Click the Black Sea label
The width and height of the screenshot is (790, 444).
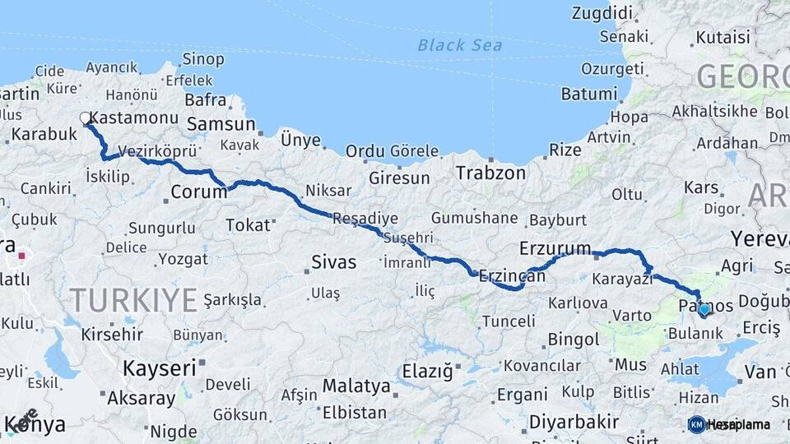click(459, 44)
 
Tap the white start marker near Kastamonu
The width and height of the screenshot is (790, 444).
click(86, 118)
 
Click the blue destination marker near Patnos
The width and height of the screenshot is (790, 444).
click(704, 310)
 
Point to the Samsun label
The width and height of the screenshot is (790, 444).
click(221, 124)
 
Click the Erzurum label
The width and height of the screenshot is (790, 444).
click(555, 247)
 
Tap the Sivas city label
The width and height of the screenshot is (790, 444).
click(334, 262)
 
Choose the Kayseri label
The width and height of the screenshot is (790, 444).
click(160, 368)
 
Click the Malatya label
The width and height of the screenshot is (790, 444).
click(356, 386)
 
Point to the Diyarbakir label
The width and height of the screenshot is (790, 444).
click(574, 421)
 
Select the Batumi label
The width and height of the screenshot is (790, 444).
click(588, 93)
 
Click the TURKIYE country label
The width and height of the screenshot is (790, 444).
click(133, 299)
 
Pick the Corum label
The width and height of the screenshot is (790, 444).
click(198, 192)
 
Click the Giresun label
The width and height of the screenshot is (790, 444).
click(399, 178)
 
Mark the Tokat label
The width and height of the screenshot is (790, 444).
click(247, 224)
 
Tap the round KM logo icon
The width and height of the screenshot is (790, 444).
click(696, 424)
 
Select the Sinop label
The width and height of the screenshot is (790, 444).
click(202, 58)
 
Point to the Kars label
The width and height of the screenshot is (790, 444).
click(701, 187)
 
